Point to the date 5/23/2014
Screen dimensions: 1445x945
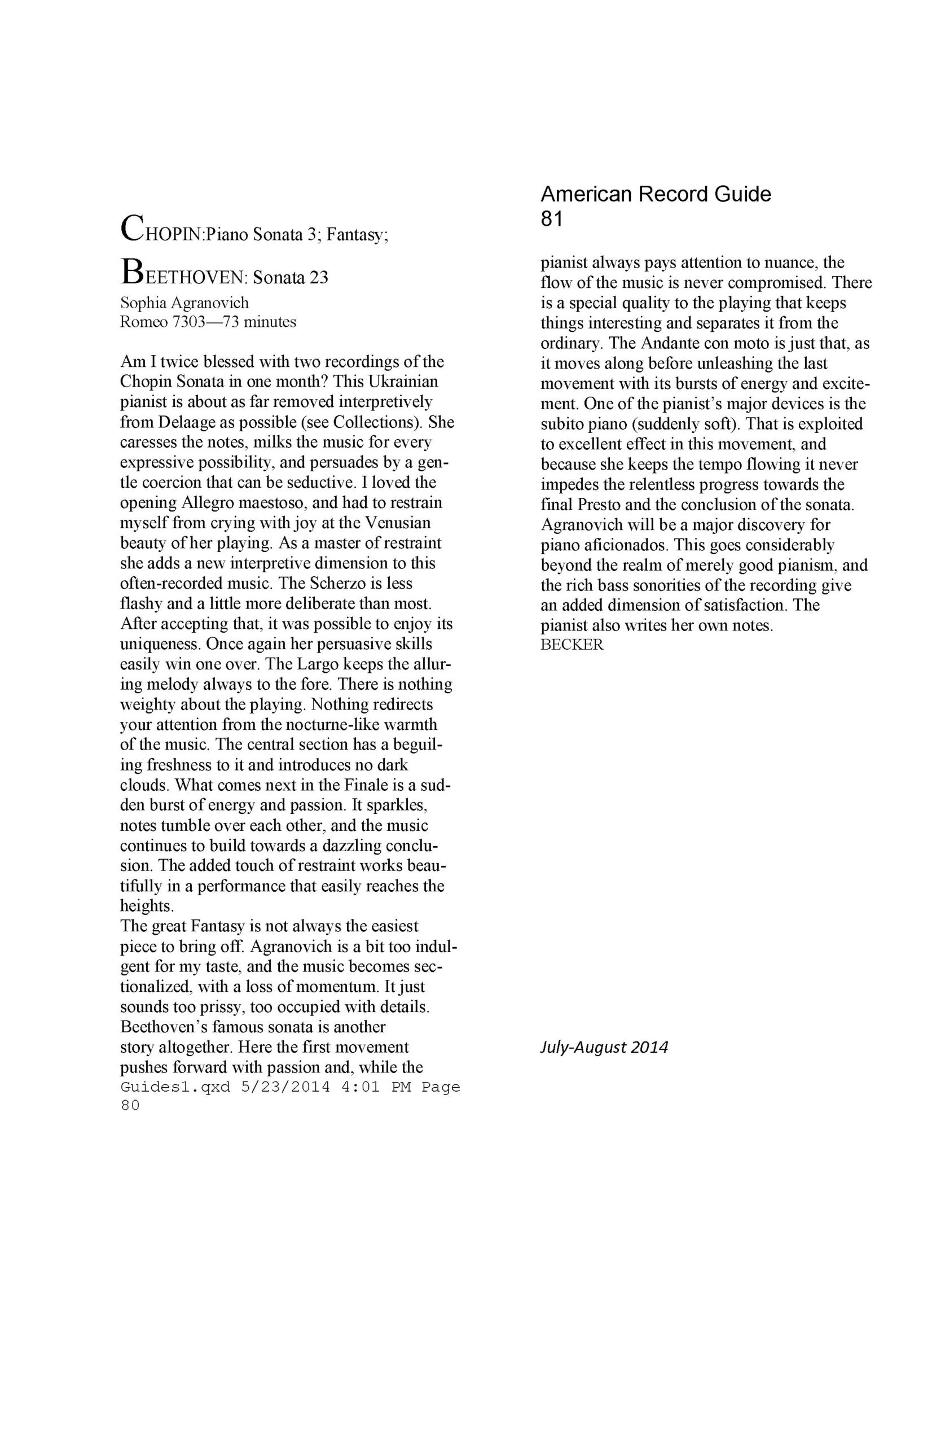[x=285, y=1087]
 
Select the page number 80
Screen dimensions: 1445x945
[x=130, y=1106]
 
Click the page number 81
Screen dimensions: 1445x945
[x=551, y=219]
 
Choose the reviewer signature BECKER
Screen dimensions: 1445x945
[x=572, y=645]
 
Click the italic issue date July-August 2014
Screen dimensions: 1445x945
[x=604, y=1047]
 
